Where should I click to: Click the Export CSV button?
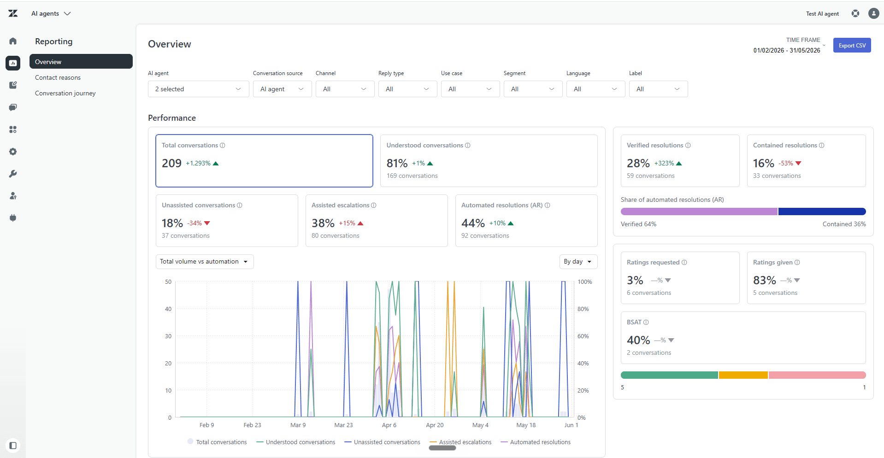coord(852,45)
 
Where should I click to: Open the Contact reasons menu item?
coord(58,77)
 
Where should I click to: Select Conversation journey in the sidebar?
coord(65,93)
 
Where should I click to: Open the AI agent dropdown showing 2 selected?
coord(198,89)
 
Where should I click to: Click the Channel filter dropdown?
coord(345,89)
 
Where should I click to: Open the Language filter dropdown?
coord(595,89)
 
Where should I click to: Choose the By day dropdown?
coord(578,262)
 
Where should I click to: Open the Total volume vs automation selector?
coord(205,262)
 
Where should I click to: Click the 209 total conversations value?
coord(171,163)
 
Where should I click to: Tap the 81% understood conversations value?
coord(397,163)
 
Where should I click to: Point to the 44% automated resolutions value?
coord(473,223)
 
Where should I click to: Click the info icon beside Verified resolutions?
coord(688,146)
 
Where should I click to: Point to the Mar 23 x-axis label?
coord(343,425)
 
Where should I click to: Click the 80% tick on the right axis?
coord(583,309)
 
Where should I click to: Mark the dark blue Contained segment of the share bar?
coord(822,211)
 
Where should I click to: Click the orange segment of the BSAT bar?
coord(743,375)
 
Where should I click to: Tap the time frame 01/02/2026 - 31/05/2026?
coord(787,50)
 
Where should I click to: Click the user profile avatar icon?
coord(873,13)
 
